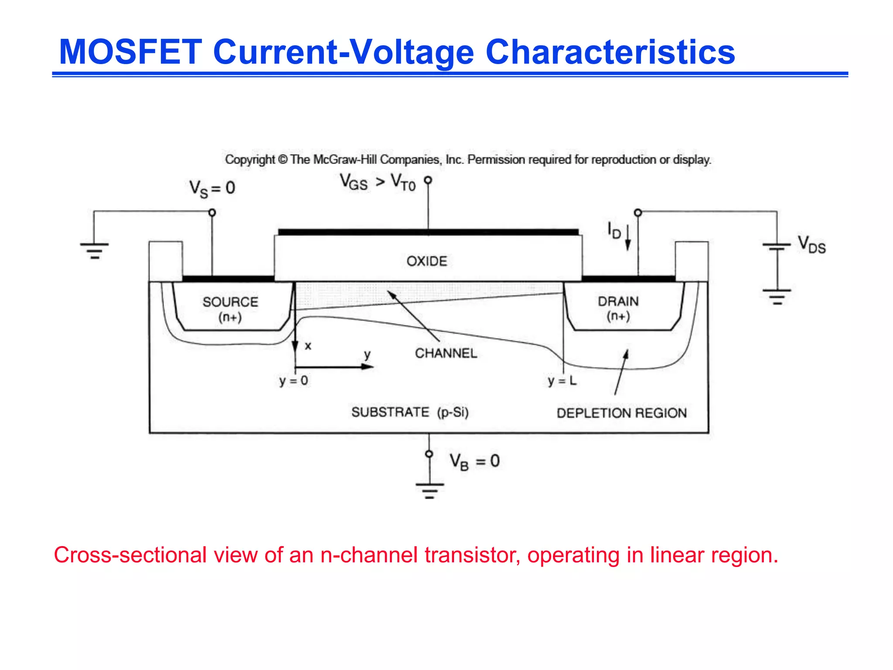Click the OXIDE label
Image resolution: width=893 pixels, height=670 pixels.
(x=427, y=261)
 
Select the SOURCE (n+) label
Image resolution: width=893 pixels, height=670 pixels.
(x=230, y=309)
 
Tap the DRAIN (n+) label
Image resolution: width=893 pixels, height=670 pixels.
(x=618, y=308)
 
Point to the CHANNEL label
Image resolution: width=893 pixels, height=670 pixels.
(x=446, y=353)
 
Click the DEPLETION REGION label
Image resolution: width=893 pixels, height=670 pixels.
(x=621, y=413)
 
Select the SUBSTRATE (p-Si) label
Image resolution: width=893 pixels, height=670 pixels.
(x=410, y=412)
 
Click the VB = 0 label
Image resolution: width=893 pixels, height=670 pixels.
(x=474, y=461)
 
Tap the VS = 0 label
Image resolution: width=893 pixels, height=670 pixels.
(x=212, y=188)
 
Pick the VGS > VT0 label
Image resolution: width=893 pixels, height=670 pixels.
(x=378, y=182)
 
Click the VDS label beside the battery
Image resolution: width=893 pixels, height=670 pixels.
(x=811, y=245)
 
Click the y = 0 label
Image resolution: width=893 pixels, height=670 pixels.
(x=293, y=381)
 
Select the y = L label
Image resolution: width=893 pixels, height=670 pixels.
(x=562, y=381)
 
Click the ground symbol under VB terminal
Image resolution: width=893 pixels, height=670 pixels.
(x=429, y=490)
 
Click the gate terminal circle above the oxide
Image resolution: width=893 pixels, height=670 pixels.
(x=428, y=180)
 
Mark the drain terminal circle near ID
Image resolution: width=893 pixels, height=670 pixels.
(x=638, y=213)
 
